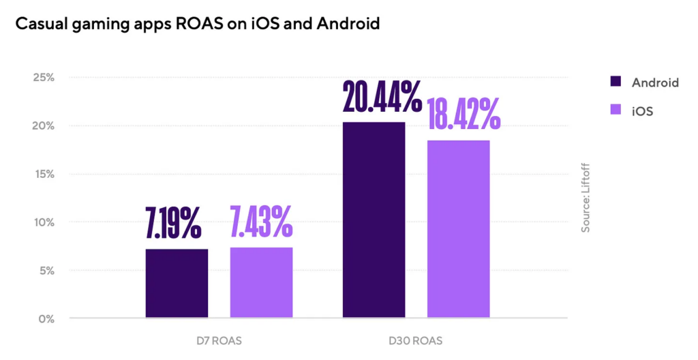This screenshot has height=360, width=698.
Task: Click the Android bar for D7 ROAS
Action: [177, 283]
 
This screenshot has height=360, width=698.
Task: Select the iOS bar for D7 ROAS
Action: [261, 282]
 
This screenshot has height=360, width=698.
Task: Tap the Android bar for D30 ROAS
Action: [374, 220]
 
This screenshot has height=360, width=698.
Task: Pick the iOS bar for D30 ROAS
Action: [458, 228]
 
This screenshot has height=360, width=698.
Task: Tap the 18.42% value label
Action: [464, 114]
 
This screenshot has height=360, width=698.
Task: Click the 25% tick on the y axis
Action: [44, 77]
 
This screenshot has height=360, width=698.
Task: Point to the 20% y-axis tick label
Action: [44, 125]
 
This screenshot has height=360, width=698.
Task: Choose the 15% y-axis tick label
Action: [44, 174]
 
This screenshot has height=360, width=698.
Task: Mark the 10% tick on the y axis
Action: [44, 222]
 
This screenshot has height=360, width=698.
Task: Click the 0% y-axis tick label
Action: [46, 318]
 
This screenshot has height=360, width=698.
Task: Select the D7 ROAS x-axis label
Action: [219, 340]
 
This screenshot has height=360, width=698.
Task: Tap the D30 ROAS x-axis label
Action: [416, 340]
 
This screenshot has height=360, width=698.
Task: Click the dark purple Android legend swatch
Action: [616, 82]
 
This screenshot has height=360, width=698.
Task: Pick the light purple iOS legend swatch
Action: [616, 110]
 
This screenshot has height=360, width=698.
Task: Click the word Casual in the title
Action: [42, 25]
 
